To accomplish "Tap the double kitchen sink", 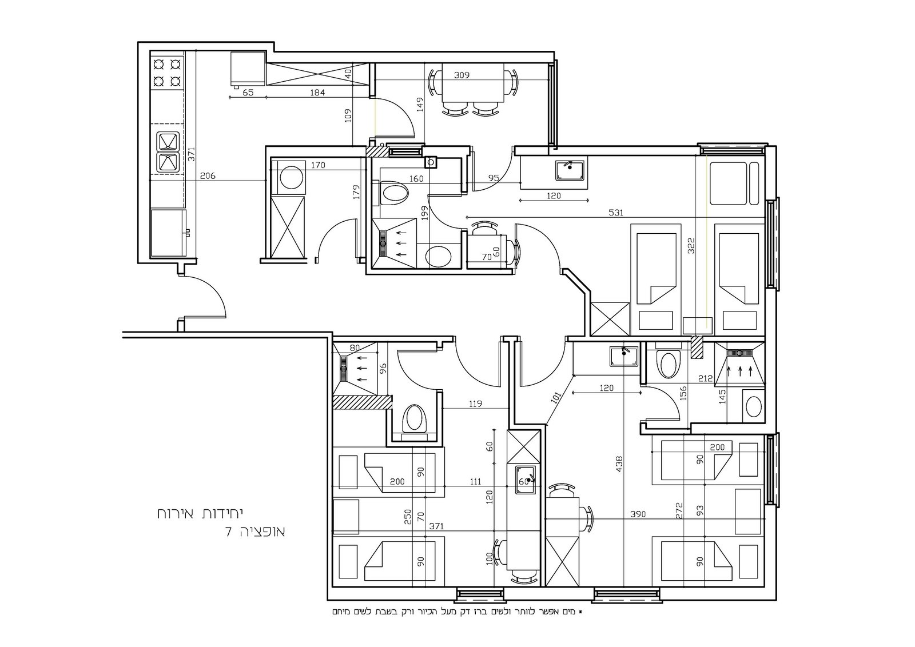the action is click(x=169, y=151).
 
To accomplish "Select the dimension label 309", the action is click(x=462, y=75).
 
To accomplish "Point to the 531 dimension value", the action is click(x=615, y=213).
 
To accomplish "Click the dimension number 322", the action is click(x=691, y=246).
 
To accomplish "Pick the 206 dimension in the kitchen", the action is click(x=208, y=176).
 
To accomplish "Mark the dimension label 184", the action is click(x=317, y=93).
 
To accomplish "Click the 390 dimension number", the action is click(x=638, y=514).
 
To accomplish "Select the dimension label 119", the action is click(x=475, y=404).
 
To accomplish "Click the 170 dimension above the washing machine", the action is click(x=318, y=165).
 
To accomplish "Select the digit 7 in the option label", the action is click(x=229, y=532).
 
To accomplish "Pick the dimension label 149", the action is click(x=420, y=105).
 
